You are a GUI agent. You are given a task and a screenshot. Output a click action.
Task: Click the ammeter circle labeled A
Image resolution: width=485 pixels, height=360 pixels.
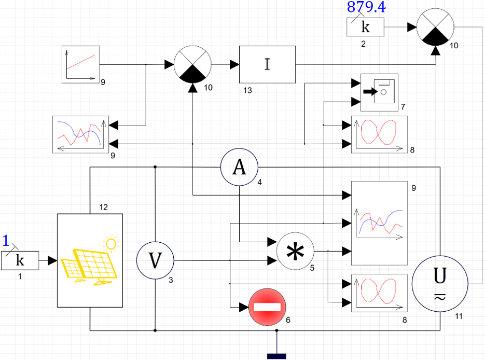pyautogui.click(x=239, y=167)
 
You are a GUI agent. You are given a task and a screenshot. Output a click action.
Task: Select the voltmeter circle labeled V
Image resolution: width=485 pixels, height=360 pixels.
pyautogui.click(x=155, y=260)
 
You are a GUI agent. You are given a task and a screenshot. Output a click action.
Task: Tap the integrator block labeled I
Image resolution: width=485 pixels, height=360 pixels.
pyautogui.click(x=267, y=64)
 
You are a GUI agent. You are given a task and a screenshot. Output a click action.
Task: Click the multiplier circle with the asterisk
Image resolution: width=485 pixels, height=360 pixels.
pyautogui.click(x=295, y=251)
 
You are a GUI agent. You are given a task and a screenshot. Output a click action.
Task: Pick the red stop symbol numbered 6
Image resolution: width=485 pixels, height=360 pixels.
pyautogui.click(x=267, y=307)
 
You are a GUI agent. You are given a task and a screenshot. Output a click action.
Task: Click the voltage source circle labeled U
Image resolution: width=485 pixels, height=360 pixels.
pyautogui.click(x=440, y=284)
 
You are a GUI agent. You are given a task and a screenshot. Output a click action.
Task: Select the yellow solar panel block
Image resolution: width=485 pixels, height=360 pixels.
pyautogui.click(x=90, y=260)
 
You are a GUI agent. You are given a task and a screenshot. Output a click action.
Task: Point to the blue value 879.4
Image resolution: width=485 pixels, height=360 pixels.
pyautogui.click(x=366, y=7)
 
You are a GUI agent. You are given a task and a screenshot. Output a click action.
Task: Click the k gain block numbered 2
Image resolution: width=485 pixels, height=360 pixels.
pyautogui.click(x=365, y=27)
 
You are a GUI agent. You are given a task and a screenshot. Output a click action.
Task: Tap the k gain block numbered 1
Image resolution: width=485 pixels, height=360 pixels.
pyautogui.click(x=20, y=260)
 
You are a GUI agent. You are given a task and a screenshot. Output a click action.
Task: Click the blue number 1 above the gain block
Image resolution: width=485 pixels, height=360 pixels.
pyautogui.click(x=6, y=241)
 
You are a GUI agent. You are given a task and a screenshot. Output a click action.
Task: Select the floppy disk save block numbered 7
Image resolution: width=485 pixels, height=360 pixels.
pyautogui.click(x=380, y=92)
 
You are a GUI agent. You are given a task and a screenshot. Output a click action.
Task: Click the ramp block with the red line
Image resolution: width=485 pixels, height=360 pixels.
pyautogui.click(x=81, y=64)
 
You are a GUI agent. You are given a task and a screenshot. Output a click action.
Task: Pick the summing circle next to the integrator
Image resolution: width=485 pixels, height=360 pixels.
pyautogui.click(x=192, y=64)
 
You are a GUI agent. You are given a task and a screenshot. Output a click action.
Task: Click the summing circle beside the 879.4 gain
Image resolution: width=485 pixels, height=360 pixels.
pyautogui.click(x=436, y=27)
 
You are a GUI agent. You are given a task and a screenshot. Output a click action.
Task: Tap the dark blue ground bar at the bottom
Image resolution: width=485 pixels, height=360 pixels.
pyautogui.click(x=276, y=356)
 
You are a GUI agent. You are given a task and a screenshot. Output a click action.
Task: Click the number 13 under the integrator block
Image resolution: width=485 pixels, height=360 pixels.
pyautogui.click(x=247, y=90)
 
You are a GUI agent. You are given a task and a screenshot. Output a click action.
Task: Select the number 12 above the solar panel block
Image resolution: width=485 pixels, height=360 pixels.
pyautogui.click(x=103, y=207)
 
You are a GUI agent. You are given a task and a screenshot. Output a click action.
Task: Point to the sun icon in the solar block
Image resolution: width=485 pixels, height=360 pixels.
pyautogui.click(x=110, y=244)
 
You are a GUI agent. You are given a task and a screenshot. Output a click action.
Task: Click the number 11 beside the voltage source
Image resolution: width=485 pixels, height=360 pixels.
pyautogui.click(x=459, y=316)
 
